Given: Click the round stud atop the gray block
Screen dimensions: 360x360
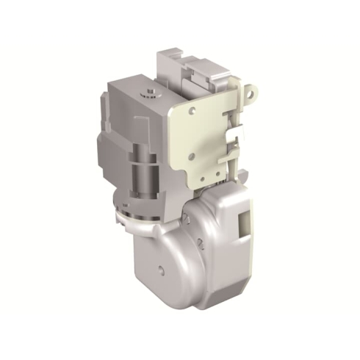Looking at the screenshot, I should (x=148, y=92).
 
